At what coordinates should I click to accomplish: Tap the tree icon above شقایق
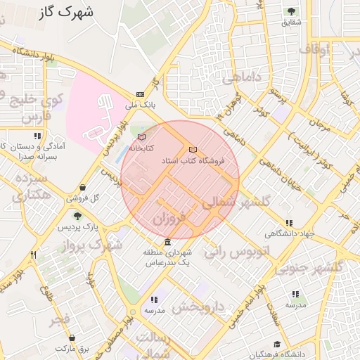click(291, 11)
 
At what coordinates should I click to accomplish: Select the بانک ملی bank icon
click(140, 94)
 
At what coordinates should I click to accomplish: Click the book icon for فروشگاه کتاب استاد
click(193, 150)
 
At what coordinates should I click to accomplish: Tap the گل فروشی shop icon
click(84, 187)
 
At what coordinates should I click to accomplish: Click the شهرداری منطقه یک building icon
click(167, 243)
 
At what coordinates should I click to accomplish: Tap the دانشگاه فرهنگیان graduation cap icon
click(277, 344)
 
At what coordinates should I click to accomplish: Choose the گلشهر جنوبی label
click(307, 268)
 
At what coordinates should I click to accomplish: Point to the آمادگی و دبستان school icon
click(37, 135)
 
